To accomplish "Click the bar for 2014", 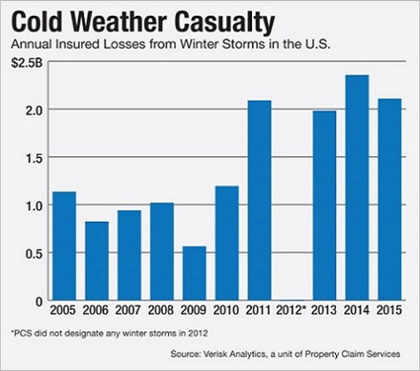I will [356, 187].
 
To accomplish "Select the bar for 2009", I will [194, 273].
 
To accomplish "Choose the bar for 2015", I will [389, 199].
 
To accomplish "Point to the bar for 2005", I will [64, 246].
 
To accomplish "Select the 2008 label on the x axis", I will [161, 311].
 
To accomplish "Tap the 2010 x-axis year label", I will [226, 311].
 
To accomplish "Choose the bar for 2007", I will [129, 255].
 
